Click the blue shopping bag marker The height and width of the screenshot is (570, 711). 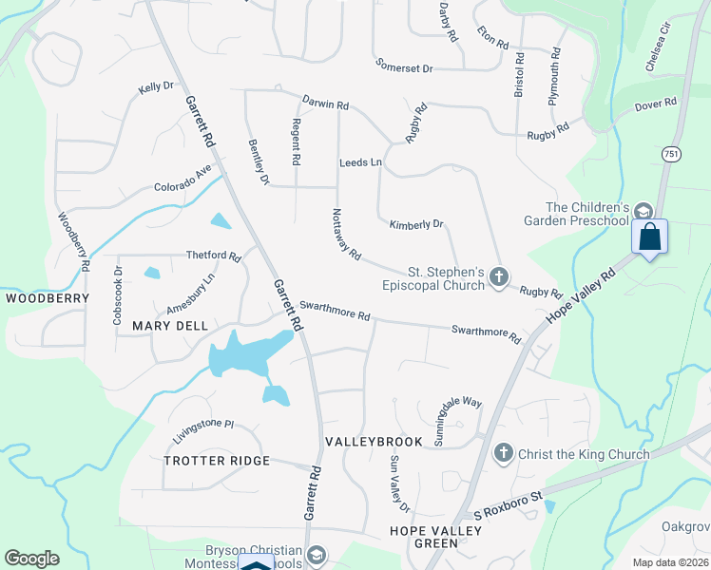coord(649,236)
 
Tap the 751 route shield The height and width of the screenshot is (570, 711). coord(672,154)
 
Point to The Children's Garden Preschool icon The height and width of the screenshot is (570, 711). coord(644,212)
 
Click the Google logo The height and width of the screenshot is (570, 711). coord(31,558)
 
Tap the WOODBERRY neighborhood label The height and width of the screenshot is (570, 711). coord(48,298)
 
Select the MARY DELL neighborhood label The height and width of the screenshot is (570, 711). coord(170,325)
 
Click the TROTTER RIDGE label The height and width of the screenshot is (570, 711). coord(217,461)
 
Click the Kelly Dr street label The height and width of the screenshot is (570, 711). coord(156,86)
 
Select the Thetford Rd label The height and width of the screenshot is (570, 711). coord(213,256)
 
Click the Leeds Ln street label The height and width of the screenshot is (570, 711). coord(360,162)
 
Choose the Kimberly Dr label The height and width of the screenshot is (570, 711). coord(416,225)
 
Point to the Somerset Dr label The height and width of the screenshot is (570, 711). coord(403,68)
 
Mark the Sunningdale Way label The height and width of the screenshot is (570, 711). coord(458,409)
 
